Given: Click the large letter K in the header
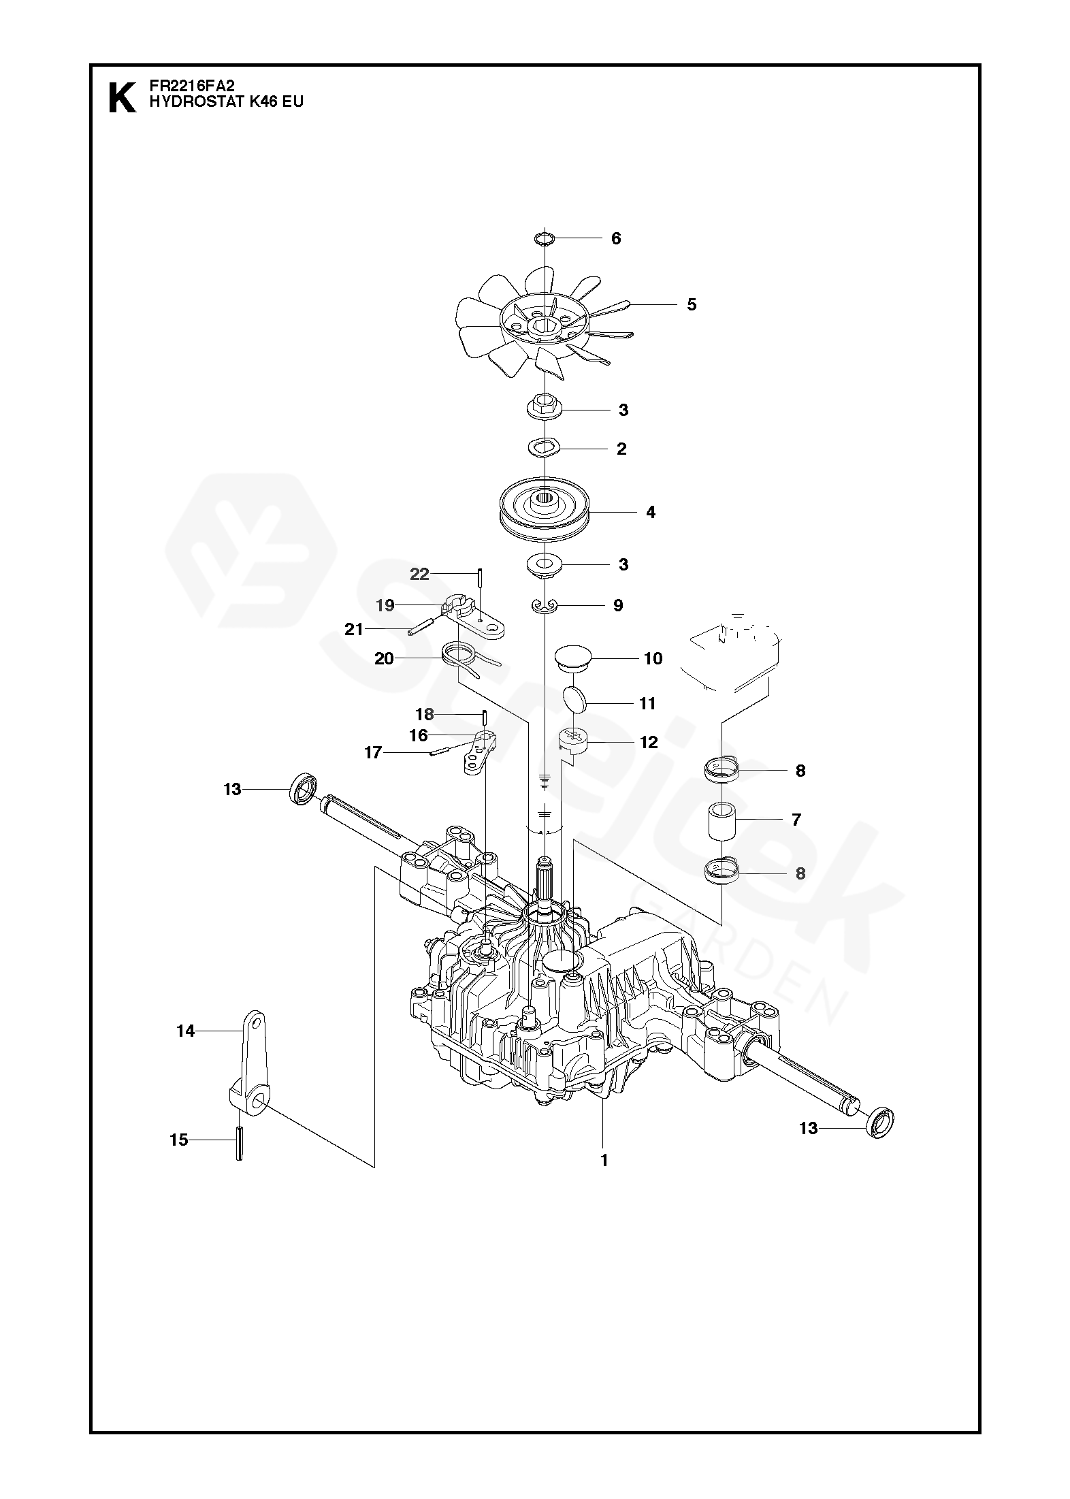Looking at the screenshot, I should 122,97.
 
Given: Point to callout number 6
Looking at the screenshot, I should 616,238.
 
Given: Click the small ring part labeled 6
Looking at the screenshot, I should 545,238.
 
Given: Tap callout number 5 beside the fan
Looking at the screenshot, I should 692,304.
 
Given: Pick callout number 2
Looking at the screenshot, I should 621,449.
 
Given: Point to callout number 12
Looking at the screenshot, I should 649,742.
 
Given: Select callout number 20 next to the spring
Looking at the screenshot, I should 384,658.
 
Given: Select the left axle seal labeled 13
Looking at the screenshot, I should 304,789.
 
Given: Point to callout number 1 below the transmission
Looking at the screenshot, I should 604,1160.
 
